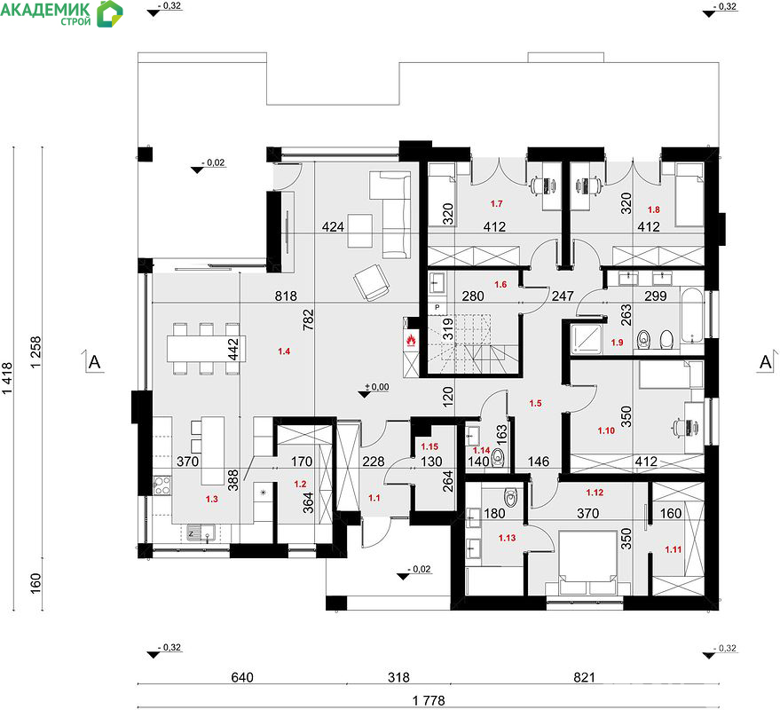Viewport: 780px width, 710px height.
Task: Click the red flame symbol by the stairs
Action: tap(412, 340)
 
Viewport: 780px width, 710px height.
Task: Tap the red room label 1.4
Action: tap(284, 351)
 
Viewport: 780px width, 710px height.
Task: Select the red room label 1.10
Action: tap(606, 430)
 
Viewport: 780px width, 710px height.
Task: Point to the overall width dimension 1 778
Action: tap(429, 701)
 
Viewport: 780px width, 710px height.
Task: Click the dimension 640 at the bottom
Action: tap(242, 677)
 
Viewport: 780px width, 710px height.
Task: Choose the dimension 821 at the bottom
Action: tap(584, 677)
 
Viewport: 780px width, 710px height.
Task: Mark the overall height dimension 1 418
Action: tap(6, 378)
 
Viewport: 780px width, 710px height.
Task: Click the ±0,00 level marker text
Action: tap(377, 387)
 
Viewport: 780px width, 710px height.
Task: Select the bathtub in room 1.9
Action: tap(692, 315)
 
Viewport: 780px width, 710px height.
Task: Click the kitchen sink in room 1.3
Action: tap(201, 533)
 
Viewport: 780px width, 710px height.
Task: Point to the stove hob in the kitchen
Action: tap(162, 485)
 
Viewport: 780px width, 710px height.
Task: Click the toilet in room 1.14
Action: tap(498, 458)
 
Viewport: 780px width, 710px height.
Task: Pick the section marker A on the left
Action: tap(94, 362)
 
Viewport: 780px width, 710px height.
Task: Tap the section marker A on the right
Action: tap(766, 362)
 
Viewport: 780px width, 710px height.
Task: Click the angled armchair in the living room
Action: tap(371, 282)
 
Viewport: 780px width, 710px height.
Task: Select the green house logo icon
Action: tap(109, 13)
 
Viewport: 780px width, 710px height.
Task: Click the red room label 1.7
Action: tap(496, 203)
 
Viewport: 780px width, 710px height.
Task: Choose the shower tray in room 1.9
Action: tap(586, 339)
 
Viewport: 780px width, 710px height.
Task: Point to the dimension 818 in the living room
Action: tap(286, 296)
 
